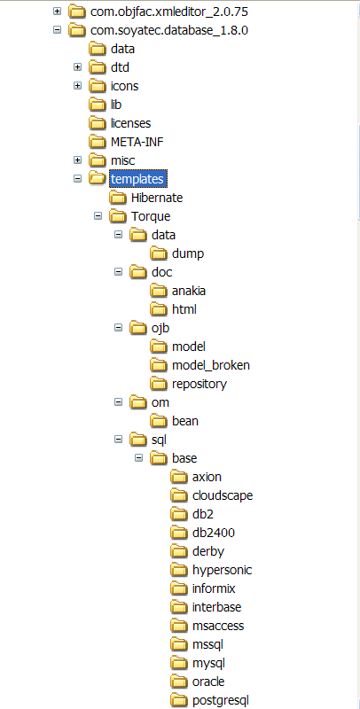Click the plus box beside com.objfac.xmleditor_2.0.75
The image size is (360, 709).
[x=57, y=11]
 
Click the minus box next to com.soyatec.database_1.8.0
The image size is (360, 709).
[x=57, y=30]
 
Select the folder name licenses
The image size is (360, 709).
[x=130, y=123]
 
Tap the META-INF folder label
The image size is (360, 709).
[x=137, y=142]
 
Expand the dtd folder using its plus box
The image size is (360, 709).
[x=78, y=67]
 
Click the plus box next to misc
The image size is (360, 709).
[x=78, y=160]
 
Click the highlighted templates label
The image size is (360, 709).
[x=137, y=179]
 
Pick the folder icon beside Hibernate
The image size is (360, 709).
[x=118, y=198]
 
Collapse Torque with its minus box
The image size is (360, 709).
[x=98, y=216]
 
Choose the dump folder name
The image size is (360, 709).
[x=188, y=253]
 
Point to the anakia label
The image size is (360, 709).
[x=189, y=291]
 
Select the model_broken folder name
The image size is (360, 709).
[x=211, y=365]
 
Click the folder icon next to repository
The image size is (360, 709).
[x=159, y=384]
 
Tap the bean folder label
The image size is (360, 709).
[x=185, y=421]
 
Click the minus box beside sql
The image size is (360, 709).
[x=119, y=439]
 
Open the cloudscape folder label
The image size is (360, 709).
[x=223, y=495]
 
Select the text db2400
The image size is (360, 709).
[x=214, y=533]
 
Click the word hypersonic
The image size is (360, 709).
[x=222, y=570]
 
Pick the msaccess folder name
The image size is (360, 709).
[x=218, y=626]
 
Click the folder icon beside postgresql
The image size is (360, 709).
[x=179, y=700]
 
